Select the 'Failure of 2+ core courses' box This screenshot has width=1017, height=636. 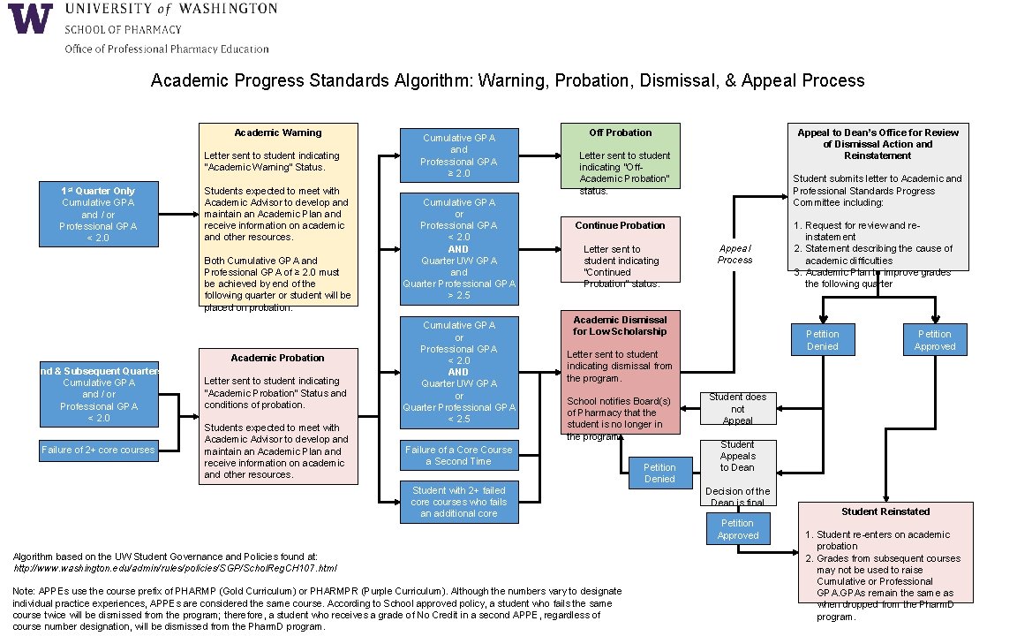(x=98, y=450)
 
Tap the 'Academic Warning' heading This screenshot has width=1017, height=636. (x=278, y=132)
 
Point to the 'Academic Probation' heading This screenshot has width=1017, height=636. (x=277, y=358)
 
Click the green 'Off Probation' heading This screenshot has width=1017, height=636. (x=620, y=132)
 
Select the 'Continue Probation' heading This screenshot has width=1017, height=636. (x=620, y=225)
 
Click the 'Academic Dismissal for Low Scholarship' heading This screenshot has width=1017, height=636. (x=620, y=325)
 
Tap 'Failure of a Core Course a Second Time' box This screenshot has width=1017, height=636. (x=458, y=456)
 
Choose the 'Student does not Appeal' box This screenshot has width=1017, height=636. (x=737, y=409)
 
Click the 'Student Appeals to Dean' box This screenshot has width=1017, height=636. (x=737, y=456)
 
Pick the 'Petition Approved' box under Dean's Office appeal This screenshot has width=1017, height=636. (x=934, y=340)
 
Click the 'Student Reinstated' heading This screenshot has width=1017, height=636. (x=885, y=511)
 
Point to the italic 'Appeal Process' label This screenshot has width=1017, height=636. (x=734, y=254)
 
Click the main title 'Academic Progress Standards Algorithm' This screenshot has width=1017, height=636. (x=508, y=80)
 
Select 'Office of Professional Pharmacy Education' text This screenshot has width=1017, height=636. (x=167, y=49)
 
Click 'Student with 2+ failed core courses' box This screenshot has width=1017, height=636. (x=458, y=502)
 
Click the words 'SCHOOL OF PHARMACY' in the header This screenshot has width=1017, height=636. (x=123, y=29)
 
